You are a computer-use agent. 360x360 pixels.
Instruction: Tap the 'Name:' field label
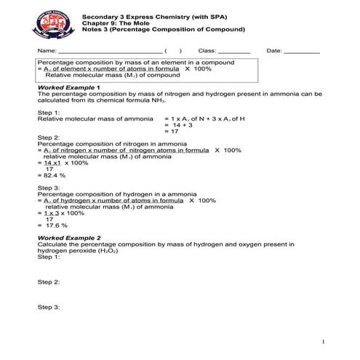click(47, 51)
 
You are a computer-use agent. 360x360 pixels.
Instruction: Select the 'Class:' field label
click(207, 51)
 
